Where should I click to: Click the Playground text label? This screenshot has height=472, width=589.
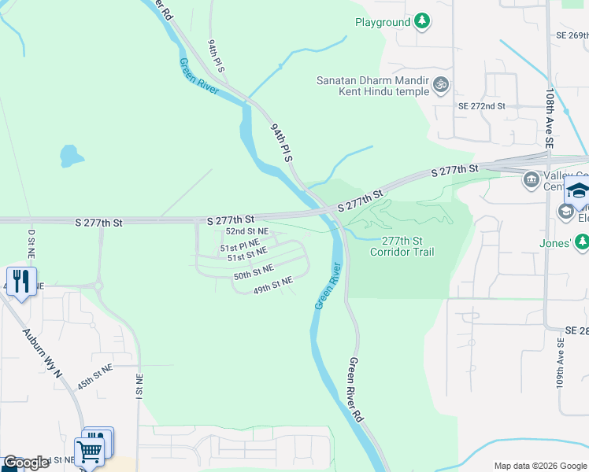tap(382, 22)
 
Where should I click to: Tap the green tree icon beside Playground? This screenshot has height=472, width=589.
tap(423, 21)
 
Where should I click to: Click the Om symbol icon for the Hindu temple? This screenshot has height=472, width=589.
tap(441, 83)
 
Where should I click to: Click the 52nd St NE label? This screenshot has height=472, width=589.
tap(247, 231)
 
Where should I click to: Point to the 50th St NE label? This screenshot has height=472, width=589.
tap(253, 275)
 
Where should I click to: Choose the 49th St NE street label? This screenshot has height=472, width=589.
tap(272, 286)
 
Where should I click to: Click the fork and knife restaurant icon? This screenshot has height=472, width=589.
tap(21, 282)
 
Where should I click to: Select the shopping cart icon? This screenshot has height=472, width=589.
tap(90, 451)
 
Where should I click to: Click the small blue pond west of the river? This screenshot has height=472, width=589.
tap(70, 156)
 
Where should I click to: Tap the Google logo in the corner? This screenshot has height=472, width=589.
tap(25, 463)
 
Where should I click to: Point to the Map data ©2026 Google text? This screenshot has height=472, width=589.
tap(539, 465)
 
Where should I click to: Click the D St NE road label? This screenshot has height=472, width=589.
tap(32, 244)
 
